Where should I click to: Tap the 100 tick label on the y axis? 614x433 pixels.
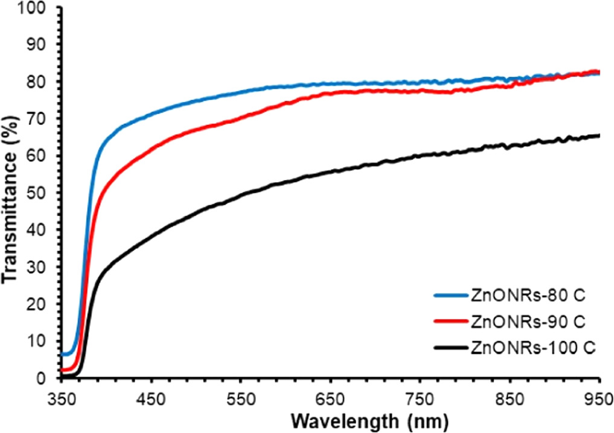pyautogui.click(x=37, y=7)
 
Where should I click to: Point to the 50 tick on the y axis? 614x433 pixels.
pyautogui.click(x=42, y=193)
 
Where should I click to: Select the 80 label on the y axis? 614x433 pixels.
pyautogui.click(x=42, y=82)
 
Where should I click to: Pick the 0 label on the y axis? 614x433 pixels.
pyautogui.click(x=46, y=379)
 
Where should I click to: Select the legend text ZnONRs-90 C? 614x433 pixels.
pyautogui.click(x=528, y=321)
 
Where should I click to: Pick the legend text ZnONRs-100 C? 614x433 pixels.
pyautogui.click(x=531, y=347)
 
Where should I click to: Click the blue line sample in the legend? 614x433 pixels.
pyautogui.click(x=450, y=295)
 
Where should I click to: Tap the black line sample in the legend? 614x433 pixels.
pyautogui.click(x=450, y=347)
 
